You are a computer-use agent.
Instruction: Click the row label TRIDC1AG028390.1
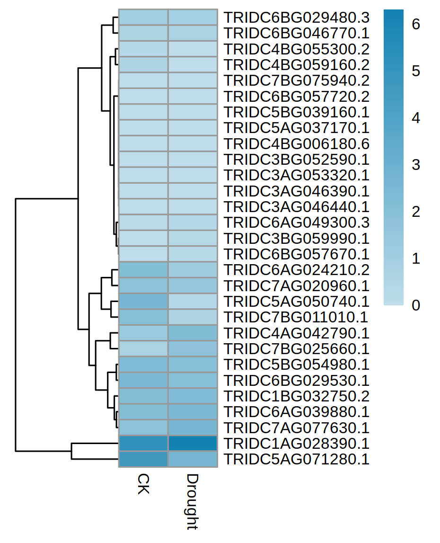(296, 444)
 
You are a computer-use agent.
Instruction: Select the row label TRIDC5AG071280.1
(296, 459)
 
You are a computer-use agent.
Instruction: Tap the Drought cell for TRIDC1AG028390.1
(193, 444)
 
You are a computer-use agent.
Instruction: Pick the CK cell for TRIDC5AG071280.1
(143, 459)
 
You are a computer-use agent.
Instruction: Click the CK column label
(143, 483)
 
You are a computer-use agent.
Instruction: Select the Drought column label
(192, 501)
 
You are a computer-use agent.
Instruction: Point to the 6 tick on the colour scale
(416, 24)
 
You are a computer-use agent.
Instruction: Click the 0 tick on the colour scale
(416, 305)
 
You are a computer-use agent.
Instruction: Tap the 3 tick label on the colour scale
(416, 165)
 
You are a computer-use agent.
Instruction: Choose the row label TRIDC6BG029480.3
(296, 17)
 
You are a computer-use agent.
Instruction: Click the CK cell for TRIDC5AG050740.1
(143, 302)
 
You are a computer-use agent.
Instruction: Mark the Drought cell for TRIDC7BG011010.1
(193, 317)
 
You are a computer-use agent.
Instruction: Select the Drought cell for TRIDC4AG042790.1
(193, 333)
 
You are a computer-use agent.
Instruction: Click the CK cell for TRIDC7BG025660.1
(143, 349)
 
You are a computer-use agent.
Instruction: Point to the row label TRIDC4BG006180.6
(296, 143)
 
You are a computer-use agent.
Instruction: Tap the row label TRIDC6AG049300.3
(296, 223)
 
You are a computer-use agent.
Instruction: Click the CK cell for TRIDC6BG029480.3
(143, 17)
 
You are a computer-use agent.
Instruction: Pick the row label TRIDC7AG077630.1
(296, 428)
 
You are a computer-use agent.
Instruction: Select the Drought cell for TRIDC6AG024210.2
(193, 270)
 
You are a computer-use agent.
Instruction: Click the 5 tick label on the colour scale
(416, 71)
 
